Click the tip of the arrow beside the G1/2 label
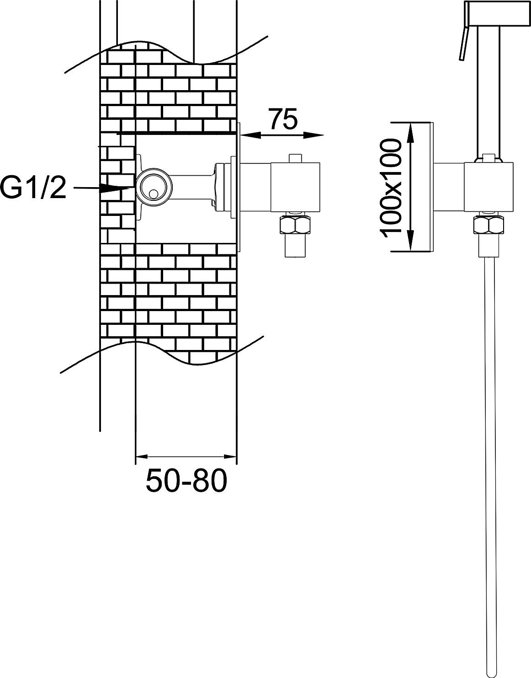[x=130, y=188]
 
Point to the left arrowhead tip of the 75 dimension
[x=241, y=135]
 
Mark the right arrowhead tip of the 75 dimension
[x=324, y=135]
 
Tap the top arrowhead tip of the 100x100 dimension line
[x=411, y=122]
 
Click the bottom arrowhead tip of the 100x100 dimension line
[x=411, y=251]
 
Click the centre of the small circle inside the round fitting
[x=153, y=194]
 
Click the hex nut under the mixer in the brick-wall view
[x=295, y=225]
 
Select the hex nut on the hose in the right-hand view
[x=489, y=225]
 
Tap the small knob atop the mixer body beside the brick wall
[x=295, y=158]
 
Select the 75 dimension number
[x=283, y=119]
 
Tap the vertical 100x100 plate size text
[x=390, y=189]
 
